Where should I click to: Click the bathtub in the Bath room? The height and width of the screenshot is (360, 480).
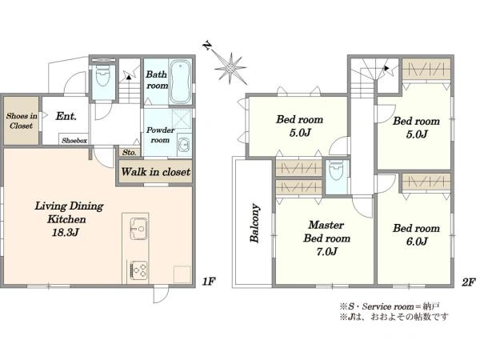tap(181, 82)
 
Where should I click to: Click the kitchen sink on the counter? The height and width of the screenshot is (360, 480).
tap(138, 228)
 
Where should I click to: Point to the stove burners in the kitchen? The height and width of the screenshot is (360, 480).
tap(139, 270)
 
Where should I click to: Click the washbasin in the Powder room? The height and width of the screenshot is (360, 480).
tap(184, 145)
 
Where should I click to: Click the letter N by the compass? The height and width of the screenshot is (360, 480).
tap(207, 46)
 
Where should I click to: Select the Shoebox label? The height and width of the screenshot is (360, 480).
tap(74, 141)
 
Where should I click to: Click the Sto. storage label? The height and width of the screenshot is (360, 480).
tap(130, 153)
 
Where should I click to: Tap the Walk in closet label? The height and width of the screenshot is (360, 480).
tap(156, 172)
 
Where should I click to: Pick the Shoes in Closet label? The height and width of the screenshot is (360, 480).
tap(22, 121)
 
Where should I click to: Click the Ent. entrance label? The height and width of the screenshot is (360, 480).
tap(66, 116)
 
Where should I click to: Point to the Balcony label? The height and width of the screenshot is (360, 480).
tap(255, 223)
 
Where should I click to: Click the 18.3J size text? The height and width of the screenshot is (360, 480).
tap(66, 233)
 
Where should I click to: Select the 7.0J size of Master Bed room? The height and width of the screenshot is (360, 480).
tap(327, 252)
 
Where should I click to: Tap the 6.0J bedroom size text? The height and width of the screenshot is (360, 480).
tap(417, 242)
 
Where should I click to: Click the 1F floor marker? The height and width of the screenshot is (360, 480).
tap(209, 282)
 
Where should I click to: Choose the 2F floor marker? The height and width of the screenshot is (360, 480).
tap(468, 282)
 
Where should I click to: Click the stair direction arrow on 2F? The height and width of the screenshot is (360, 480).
tap(387, 68)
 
